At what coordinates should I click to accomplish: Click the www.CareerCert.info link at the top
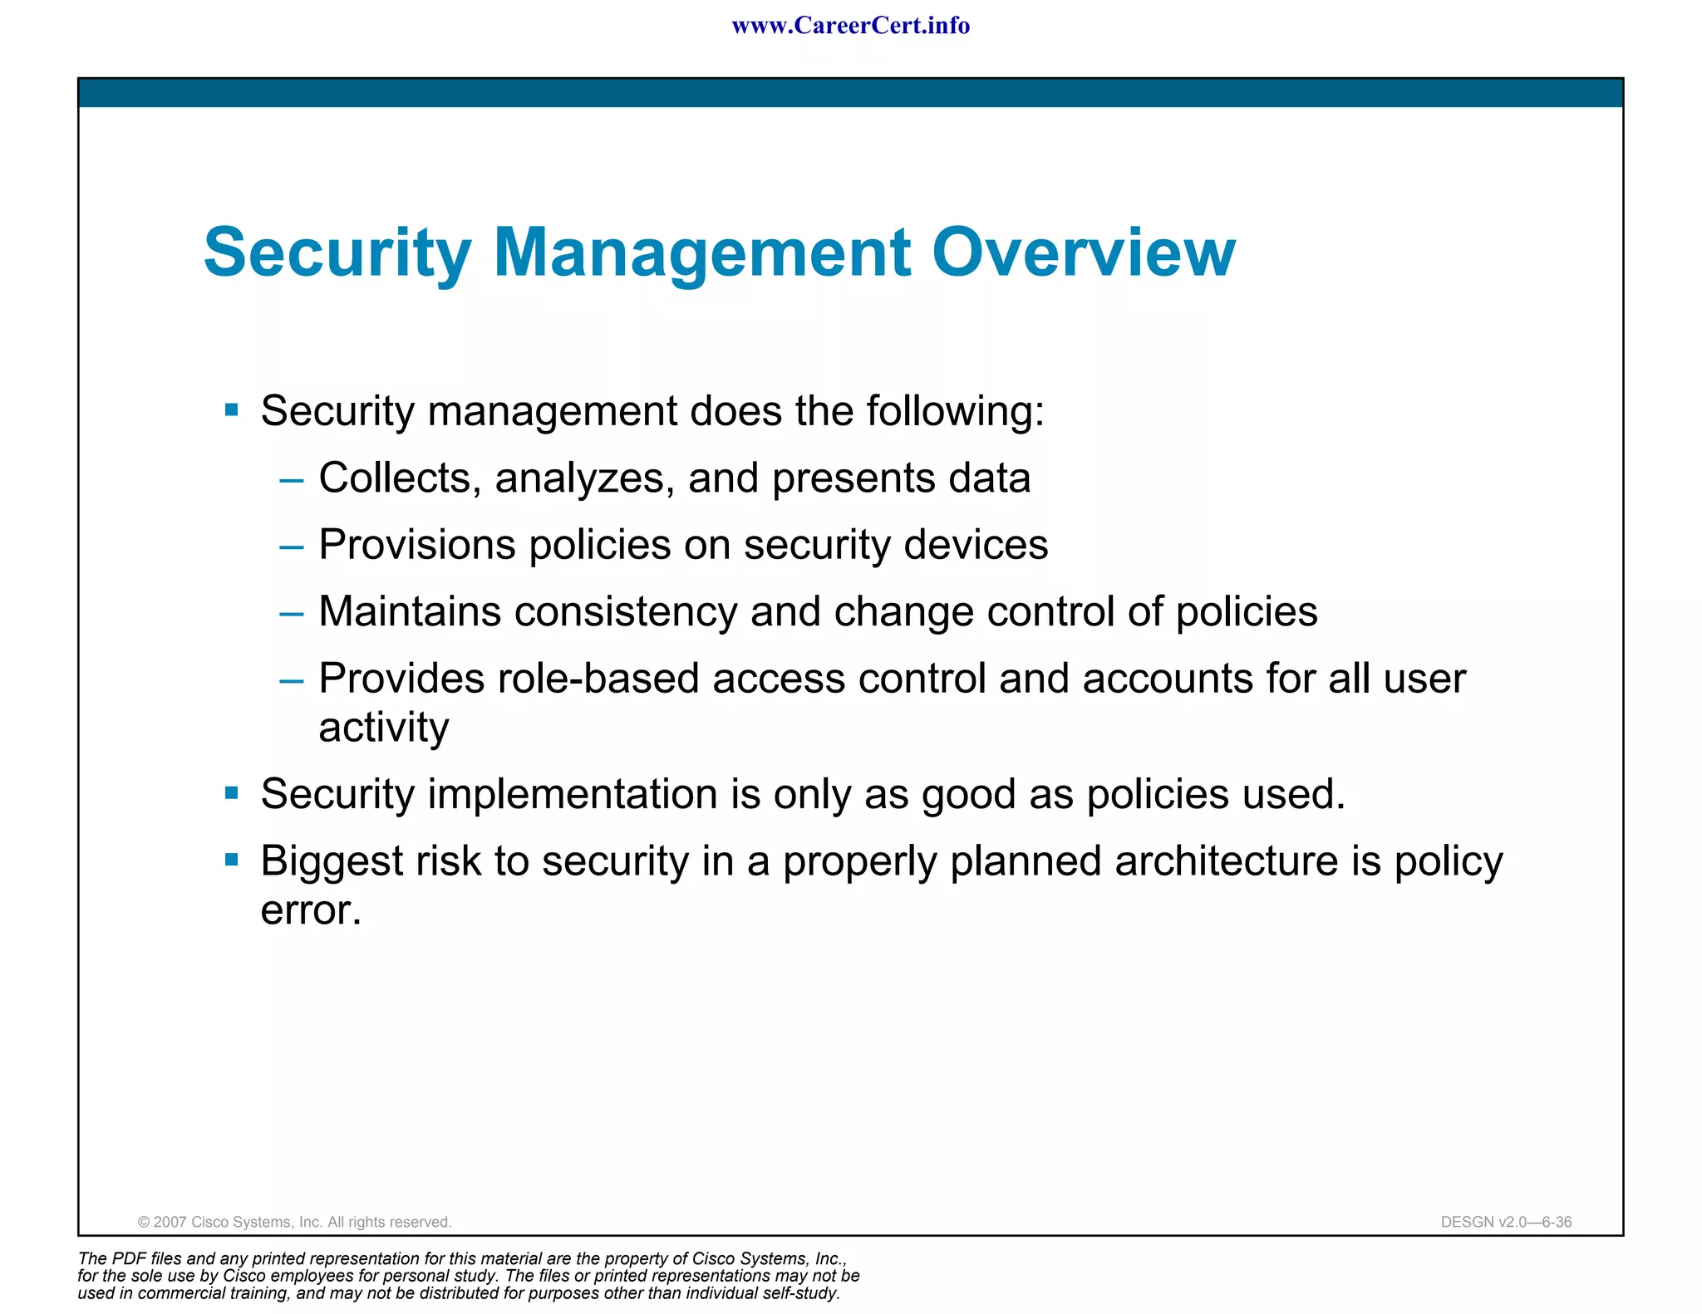pyautogui.click(x=850, y=26)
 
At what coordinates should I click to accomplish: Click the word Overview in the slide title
pyautogui.click(x=1083, y=252)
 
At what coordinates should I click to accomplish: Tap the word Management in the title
pyautogui.click(x=701, y=253)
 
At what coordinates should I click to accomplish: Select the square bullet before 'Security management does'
pyautogui.click(x=232, y=409)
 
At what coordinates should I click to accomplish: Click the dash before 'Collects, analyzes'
pyautogui.click(x=292, y=480)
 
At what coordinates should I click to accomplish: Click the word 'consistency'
pyautogui.click(x=625, y=612)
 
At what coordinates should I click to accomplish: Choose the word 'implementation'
pyautogui.click(x=573, y=794)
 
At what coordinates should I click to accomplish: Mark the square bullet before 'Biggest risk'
pyautogui.click(x=232, y=859)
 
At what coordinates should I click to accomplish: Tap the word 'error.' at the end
pyautogui.click(x=311, y=910)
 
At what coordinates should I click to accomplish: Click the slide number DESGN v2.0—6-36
pyautogui.click(x=1506, y=1222)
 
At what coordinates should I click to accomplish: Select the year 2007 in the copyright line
pyautogui.click(x=170, y=1222)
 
